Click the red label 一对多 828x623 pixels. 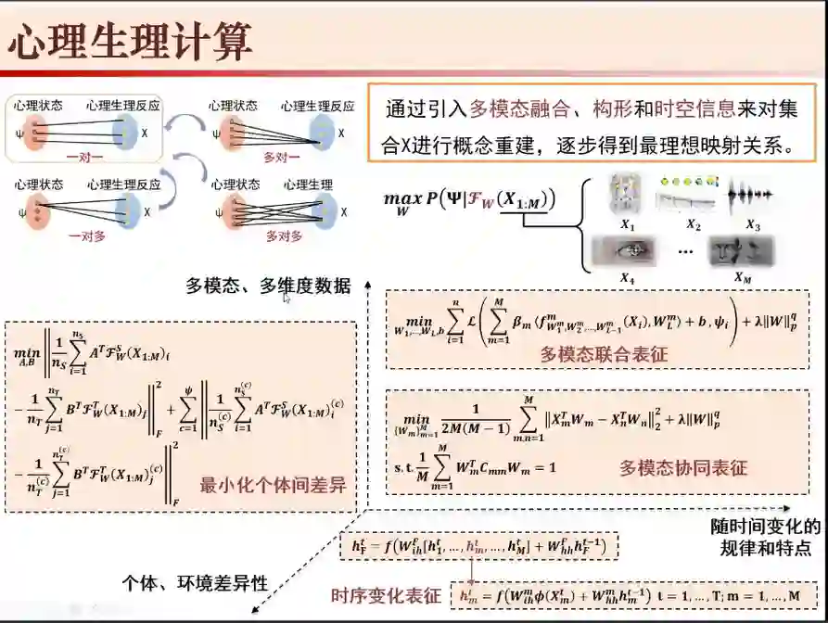click(85, 236)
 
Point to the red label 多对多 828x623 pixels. click(284, 236)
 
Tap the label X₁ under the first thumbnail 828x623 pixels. click(628, 224)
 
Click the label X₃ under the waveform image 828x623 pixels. click(752, 224)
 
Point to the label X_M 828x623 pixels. click(742, 276)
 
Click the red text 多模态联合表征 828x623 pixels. click(604, 353)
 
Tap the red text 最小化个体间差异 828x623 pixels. click(273, 485)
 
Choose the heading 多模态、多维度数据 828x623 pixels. click(268, 286)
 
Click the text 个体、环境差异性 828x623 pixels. click(195, 582)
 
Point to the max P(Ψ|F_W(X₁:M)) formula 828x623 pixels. click(468, 198)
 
